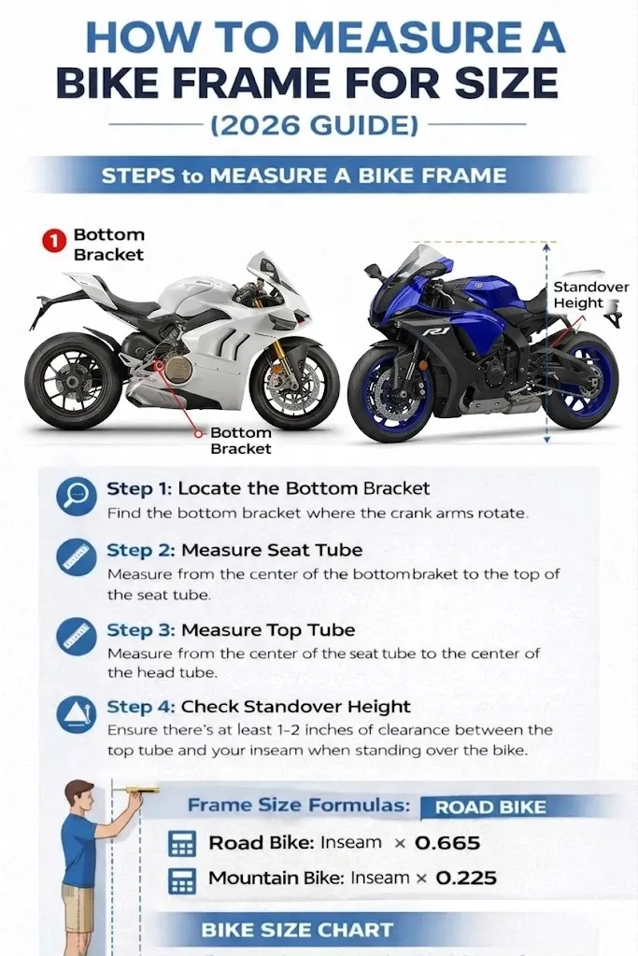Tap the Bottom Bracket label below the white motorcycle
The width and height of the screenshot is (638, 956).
240,441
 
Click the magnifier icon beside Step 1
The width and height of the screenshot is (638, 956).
76,496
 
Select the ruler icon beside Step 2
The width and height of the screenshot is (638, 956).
76,557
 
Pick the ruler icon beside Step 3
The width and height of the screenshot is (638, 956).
76,636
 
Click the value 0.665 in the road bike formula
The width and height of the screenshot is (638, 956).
447,843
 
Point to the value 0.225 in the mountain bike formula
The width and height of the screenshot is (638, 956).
466,879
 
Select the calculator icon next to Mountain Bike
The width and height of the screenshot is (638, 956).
182,879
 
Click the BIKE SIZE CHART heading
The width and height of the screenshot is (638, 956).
297,930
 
